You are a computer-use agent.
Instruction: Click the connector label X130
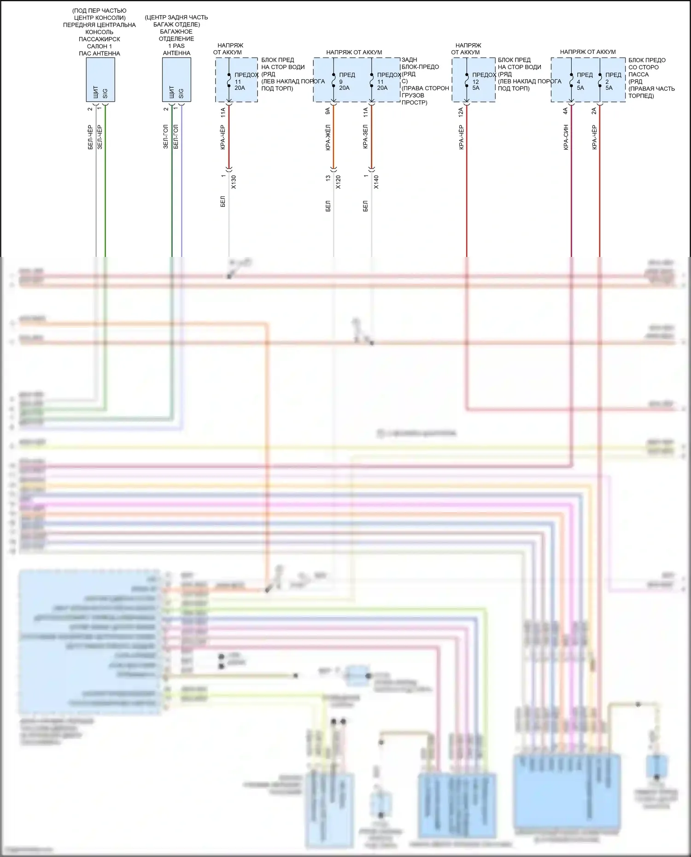point(234,182)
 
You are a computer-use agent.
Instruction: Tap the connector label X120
point(338,182)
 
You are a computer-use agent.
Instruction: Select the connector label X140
point(376,182)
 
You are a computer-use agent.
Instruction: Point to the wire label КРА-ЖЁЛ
point(328,137)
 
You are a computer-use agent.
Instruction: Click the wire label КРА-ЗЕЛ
point(365,137)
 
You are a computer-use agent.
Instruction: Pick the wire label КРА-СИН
point(566,137)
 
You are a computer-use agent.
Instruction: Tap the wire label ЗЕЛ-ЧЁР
point(100,137)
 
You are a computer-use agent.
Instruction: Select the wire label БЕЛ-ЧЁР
point(90,137)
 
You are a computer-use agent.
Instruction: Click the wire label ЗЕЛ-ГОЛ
point(166,136)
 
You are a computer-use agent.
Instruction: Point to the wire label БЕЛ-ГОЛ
point(176,136)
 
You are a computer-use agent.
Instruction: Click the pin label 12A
point(461,111)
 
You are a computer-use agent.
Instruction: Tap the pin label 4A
point(566,111)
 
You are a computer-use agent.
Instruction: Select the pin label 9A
point(328,111)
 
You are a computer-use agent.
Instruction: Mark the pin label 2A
point(594,111)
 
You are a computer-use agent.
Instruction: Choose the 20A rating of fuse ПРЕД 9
point(344,87)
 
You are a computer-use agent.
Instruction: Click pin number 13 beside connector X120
point(328,178)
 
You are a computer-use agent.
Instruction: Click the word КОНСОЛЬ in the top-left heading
point(100,32)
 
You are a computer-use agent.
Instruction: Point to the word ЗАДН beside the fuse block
point(410,60)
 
